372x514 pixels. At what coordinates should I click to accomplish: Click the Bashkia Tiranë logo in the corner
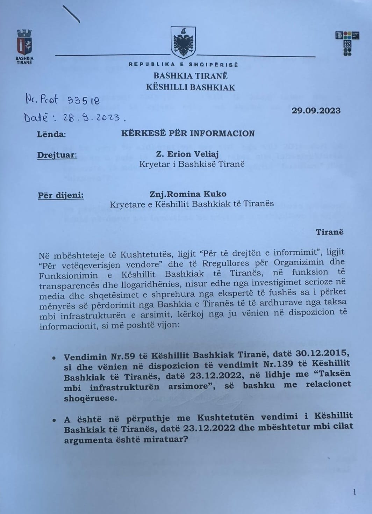coord(24,47)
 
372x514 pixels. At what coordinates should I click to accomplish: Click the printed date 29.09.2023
coord(316,110)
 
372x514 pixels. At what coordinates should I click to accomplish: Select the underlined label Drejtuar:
coord(57,155)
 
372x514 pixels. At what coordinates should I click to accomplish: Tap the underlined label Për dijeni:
coord(61,195)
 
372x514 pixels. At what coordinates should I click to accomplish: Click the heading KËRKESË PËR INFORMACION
coord(188,133)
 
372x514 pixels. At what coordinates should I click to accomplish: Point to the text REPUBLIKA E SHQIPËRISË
coord(183,65)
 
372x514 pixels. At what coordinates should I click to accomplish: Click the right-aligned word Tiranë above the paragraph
coord(329,232)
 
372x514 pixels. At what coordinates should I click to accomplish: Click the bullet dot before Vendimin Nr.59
coord(53,359)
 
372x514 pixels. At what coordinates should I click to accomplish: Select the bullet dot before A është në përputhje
coord(53,420)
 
